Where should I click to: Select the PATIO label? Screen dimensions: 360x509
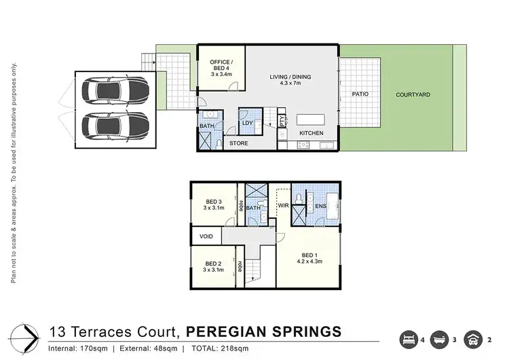(360, 94)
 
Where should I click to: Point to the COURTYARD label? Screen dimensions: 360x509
(413, 94)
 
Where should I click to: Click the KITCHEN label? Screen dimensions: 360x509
(312, 133)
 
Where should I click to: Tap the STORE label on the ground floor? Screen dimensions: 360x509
(238, 143)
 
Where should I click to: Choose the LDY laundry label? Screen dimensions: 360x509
(248, 123)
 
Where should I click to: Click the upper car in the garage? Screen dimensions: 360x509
(114, 90)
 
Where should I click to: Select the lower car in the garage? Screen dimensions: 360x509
(114, 124)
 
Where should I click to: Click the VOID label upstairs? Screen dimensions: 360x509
(206, 236)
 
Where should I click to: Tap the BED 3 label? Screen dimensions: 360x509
(214, 201)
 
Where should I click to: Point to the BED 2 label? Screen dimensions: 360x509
(214, 264)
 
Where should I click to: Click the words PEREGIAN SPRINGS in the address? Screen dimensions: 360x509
(263, 332)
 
